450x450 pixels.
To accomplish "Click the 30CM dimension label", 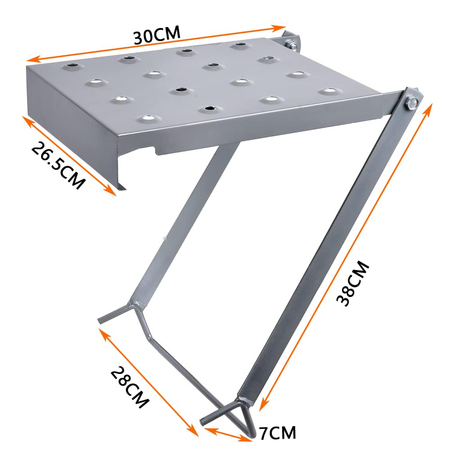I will (x=157, y=35).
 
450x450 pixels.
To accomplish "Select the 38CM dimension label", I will (x=354, y=284).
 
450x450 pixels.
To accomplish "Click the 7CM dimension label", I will (x=278, y=433).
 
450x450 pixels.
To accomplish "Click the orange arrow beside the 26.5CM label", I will (x=70, y=155).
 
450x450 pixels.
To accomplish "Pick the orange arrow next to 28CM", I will (x=148, y=382).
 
